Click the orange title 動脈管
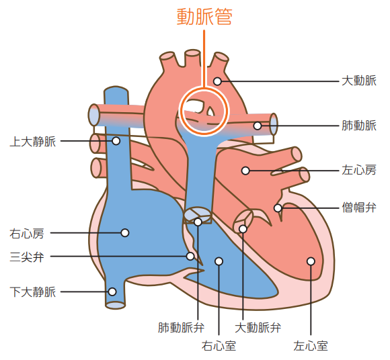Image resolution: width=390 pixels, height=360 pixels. [x=204, y=17]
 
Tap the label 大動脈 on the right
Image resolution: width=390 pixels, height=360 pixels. [x=359, y=81]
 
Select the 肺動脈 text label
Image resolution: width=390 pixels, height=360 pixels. [x=359, y=126]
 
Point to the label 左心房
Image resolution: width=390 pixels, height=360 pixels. [x=359, y=170]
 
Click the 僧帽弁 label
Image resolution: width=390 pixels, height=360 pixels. [x=359, y=208]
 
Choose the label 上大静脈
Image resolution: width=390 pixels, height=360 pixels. [x=33, y=141]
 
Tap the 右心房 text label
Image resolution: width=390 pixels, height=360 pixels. [x=27, y=234]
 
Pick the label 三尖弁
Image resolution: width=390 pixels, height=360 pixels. [x=27, y=257]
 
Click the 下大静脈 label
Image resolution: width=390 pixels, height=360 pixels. [x=33, y=292]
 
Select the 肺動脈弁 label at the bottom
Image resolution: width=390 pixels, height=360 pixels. [x=182, y=328]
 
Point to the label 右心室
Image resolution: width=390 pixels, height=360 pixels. [x=219, y=346]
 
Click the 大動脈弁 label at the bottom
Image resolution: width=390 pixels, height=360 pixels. [x=258, y=328]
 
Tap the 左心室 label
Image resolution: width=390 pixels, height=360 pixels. [x=311, y=346]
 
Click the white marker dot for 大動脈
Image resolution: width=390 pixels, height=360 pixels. [x=217, y=81]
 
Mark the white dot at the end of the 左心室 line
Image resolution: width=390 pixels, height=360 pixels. [x=311, y=261]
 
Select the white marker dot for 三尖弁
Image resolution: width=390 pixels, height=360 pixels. [x=190, y=256]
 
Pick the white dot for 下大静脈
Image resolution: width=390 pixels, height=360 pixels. [x=112, y=291]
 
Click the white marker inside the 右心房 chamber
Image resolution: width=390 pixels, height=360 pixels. [x=125, y=233]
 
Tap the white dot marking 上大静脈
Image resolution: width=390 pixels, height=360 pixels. [x=116, y=141]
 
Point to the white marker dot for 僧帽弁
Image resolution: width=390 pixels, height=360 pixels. [x=278, y=208]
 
